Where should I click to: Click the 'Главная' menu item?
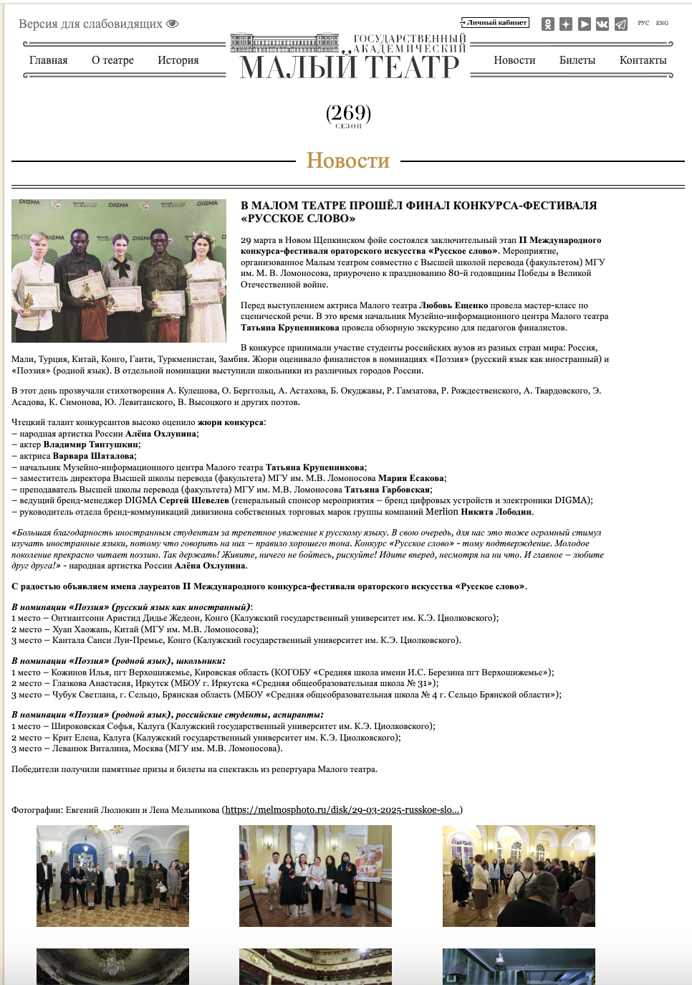point(49,60)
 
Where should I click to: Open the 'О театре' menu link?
point(112,60)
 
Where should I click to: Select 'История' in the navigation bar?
point(178,60)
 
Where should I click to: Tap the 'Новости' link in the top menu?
point(514,60)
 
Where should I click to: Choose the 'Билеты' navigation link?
point(577,60)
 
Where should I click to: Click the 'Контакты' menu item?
point(643,60)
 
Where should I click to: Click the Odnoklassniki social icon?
point(548,24)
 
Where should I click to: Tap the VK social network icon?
point(602,24)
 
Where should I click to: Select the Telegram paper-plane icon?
point(621,24)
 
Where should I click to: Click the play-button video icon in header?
point(585,24)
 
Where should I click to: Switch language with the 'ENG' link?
point(662,23)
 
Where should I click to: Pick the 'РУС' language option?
point(643,23)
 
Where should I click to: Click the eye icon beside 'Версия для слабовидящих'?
point(172,24)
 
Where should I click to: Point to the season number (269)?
point(348,113)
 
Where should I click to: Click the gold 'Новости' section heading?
point(348,161)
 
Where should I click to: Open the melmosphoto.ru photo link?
point(342,810)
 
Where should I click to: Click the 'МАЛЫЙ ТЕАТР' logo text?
point(349,67)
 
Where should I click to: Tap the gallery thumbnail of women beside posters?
point(315,875)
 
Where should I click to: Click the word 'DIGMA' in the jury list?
point(140,500)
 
